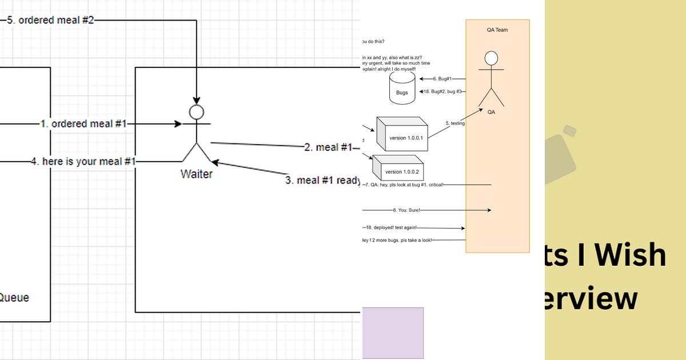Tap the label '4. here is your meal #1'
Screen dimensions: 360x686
83,162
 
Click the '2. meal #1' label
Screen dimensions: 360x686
328,147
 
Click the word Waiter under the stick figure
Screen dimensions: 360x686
196,174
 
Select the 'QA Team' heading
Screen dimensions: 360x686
497,30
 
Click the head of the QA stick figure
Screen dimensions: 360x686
490,58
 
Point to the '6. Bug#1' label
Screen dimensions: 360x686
442,79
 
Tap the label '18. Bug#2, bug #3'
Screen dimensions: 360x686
443,91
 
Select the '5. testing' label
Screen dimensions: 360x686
455,123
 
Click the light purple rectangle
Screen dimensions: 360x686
393,333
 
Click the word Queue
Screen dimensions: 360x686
14,298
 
